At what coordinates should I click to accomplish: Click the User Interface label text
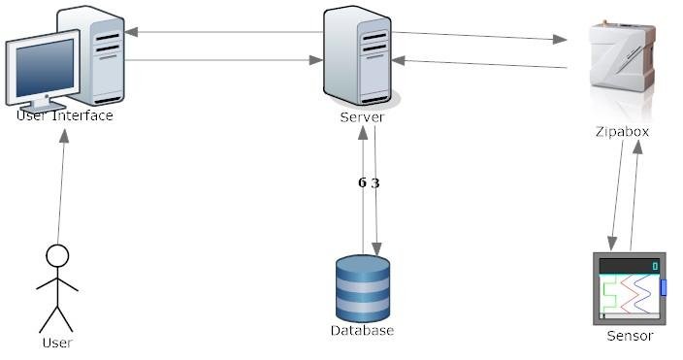(65, 116)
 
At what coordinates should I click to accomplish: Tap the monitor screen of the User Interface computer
(41, 69)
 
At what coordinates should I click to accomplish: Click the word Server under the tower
(362, 117)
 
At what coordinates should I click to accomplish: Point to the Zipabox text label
(621, 131)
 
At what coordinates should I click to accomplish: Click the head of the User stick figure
(58, 256)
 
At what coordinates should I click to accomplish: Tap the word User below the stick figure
(57, 343)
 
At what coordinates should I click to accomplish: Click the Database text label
(362, 331)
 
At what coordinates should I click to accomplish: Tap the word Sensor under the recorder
(630, 336)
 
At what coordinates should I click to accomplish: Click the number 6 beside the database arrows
(362, 182)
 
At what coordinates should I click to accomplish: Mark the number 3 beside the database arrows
(375, 182)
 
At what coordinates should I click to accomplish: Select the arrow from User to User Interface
(62, 184)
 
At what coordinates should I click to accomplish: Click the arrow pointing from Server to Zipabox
(480, 37)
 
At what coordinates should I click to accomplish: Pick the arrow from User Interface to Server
(223, 60)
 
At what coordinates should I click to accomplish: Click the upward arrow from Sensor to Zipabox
(635, 194)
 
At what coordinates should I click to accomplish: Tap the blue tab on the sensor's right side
(664, 287)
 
